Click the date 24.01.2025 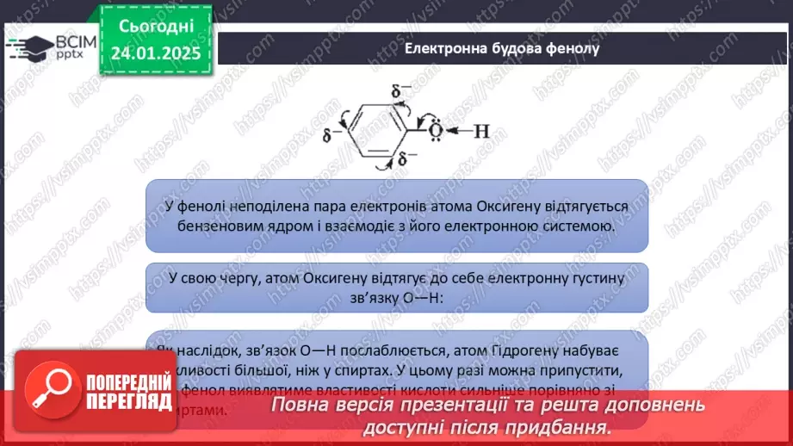click(156, 53)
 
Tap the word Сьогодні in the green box click(157, 27)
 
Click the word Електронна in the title click(442, 48)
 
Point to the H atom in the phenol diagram click(481, 131)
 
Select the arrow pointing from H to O click(458, 131)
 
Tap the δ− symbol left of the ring click(328, 135)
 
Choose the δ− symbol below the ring click(401, 159)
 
